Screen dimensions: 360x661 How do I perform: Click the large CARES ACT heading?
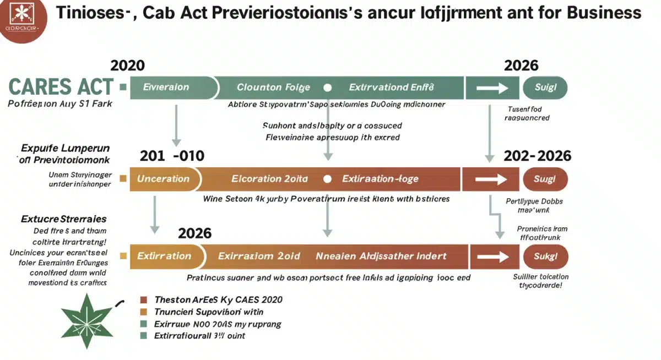(x=61, y=87)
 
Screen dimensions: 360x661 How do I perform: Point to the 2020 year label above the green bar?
(x=128, y=66)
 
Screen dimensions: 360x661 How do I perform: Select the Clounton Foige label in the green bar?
(x=273, y=87)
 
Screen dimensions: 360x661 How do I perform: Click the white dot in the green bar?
(x=328, y=87)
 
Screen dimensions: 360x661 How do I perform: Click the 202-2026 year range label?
(x=537, y=156)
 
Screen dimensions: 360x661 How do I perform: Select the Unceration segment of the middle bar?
(x=163, y=179)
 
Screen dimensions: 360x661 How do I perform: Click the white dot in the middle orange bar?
(x=328, y=179)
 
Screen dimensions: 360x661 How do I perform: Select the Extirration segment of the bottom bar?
(x=164, y=256)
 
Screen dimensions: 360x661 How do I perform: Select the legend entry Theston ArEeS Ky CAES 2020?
(x=218, y=300)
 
